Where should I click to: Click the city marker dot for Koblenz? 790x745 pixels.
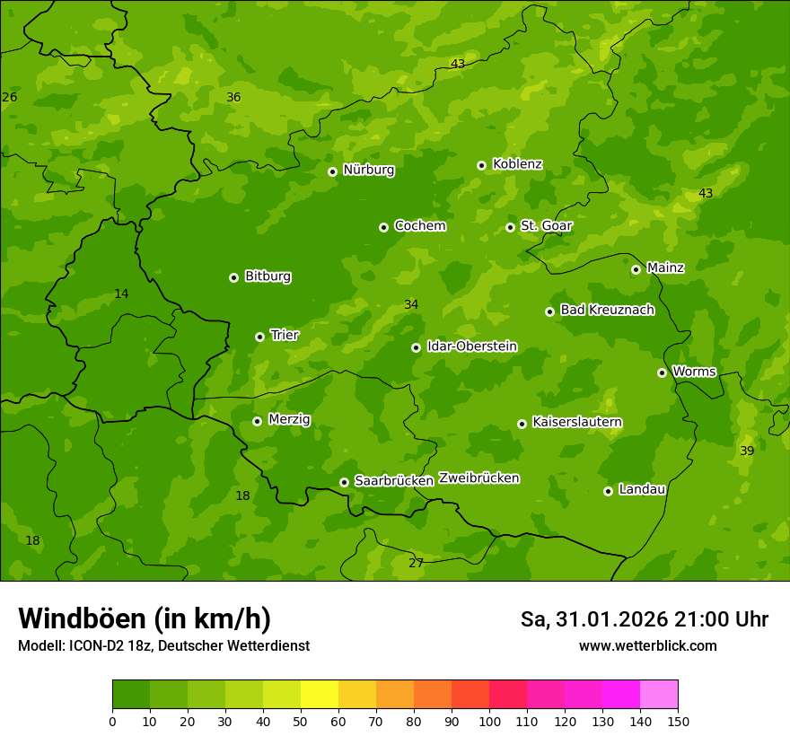pyautogui.click(x=481, y=165)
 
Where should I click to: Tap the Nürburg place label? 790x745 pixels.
pyautogui.click(x=368, y=170)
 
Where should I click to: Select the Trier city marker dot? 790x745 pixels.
pyautogui.click(x=259, y=337)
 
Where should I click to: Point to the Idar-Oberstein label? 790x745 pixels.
pyautogui.click(x=471, y=346)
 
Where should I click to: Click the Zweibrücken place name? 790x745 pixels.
pyautogui.click(x=478, y=478)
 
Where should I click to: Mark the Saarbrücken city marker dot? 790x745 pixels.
pyautogui.click(x=344, y=482)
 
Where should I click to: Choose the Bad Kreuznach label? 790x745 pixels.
pyautogui.click(x=607, y=310)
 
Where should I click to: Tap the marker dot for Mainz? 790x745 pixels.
pyautogui.click(x=636, y=269)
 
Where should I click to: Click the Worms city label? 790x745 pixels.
pyautogui.click(x=693, y=372)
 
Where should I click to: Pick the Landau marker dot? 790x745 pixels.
pyautogui.click(x=608, y=491)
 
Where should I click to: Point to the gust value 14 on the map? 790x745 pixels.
pyautogui.click(x=121, y=294)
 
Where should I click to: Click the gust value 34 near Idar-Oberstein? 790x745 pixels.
pyautogui.click(x=411, y=305)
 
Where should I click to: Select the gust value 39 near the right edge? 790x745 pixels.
pyautogui.click(x=747, y=451)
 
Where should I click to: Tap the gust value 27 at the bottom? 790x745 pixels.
pyautogui.click(x=416, y=564)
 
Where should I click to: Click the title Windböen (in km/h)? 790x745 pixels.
pyautogui.click(x=145, y=618)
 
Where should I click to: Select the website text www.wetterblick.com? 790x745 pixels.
pyautogui.click(x=647, y=646)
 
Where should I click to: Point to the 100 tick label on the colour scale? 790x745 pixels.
pyautogui.click(x=489, y=721)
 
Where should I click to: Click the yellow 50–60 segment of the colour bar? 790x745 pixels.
pyautogui.click(x=320, y=695)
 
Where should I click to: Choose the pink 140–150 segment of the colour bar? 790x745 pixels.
pyautogui.click(x=659, y=695)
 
